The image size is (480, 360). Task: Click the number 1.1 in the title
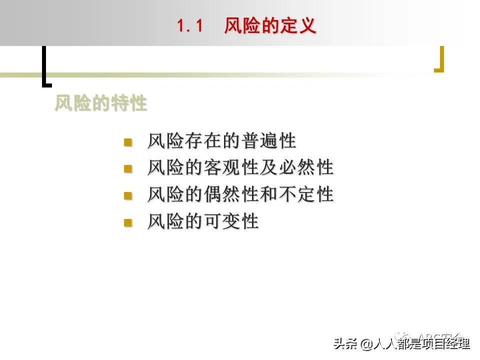[x=190, y=26]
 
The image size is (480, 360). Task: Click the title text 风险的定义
[x=270, y=25]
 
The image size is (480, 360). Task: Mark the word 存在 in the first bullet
[x=203, y=141]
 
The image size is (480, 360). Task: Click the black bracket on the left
[x=45, y=65]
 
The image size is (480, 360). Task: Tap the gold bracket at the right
[x=439, y=59]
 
